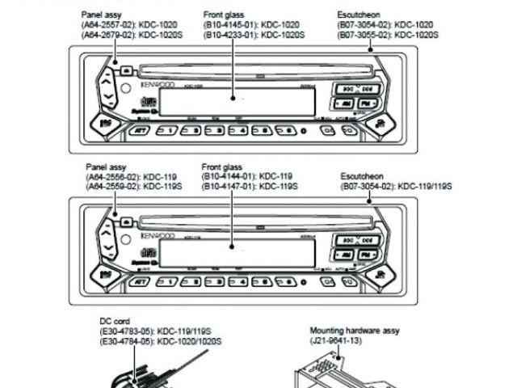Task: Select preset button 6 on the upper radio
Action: click(x=284, y=130)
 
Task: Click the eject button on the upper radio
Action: click(x=128, y=70)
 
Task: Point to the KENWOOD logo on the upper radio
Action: click(x=158, y=83)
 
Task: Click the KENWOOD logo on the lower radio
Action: click(x=158, y=235)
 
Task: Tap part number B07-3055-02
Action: click(x=364, y=34)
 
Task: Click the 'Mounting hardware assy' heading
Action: click(x=354, y=331)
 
